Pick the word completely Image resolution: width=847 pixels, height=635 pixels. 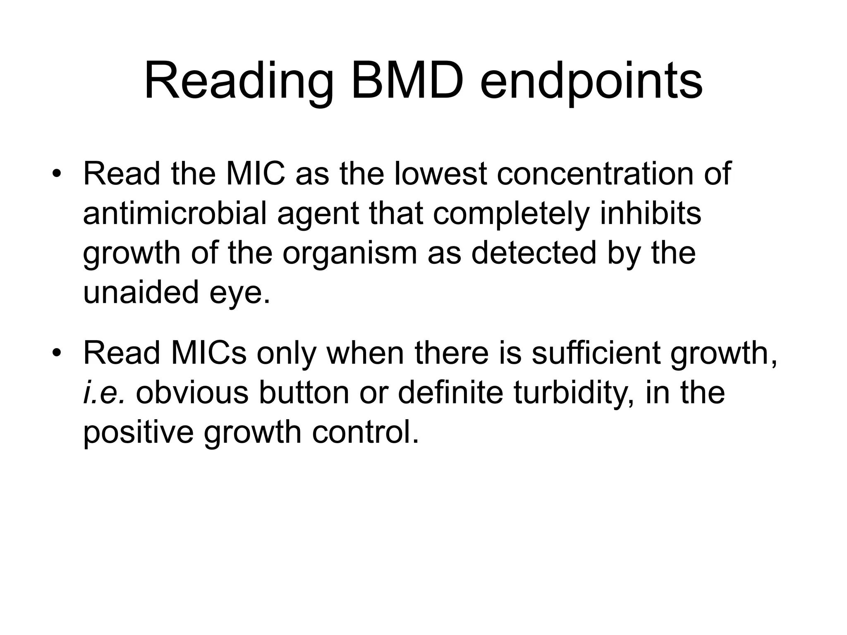point(510,215)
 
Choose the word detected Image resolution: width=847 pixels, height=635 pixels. point(534,253)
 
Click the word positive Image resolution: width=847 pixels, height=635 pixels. point(138,432)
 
